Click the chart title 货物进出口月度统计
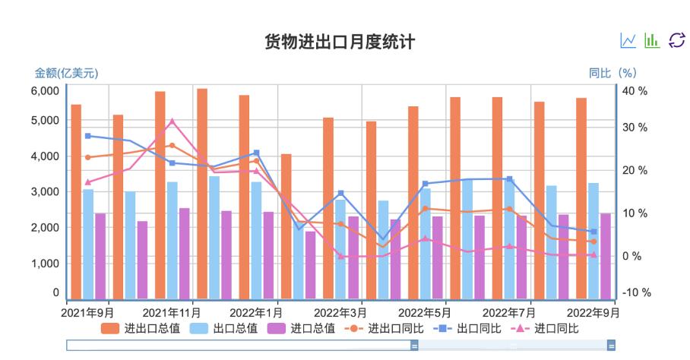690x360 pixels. click(x=340, y=42)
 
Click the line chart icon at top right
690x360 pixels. click(x=628, y=40)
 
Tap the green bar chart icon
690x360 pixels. click(x=652, y=40)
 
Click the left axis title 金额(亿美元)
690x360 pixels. click(x=66, y=73)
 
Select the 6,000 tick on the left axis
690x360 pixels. click(x=44, y=90)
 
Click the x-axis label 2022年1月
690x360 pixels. click(x=256, y=312)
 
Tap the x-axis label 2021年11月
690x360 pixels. click(x=172, y=312)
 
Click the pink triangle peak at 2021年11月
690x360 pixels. click(x=172, y=121)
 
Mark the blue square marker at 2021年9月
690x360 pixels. click(x=88, y=136)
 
